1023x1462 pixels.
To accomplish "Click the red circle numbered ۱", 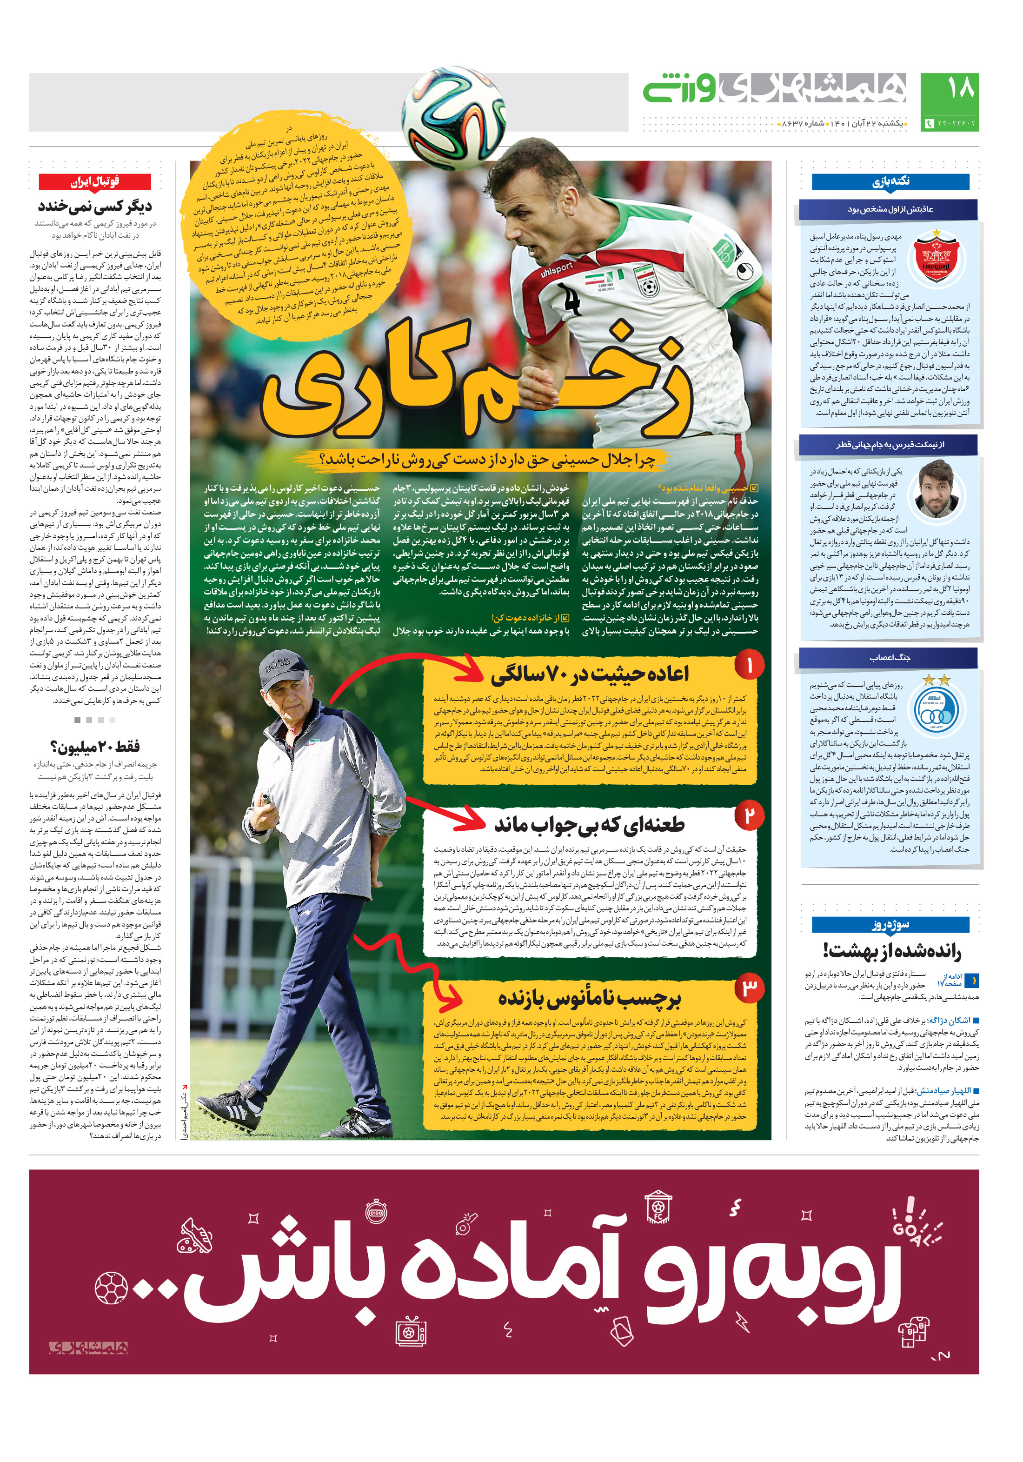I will click(749, 665).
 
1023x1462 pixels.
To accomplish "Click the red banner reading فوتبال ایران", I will click(94, 181).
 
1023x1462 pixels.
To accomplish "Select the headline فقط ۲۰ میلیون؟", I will click(94, 746).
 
